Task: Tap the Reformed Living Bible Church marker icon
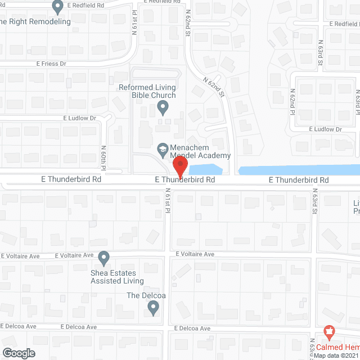(162, 106)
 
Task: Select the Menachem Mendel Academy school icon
(162, 148)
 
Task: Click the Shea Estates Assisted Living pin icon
(103, 258)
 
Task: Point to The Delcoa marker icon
(153, 308)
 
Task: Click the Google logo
(18, 353)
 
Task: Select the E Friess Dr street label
(51, 64)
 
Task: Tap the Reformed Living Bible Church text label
(147, 92)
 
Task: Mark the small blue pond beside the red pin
(206, 168)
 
